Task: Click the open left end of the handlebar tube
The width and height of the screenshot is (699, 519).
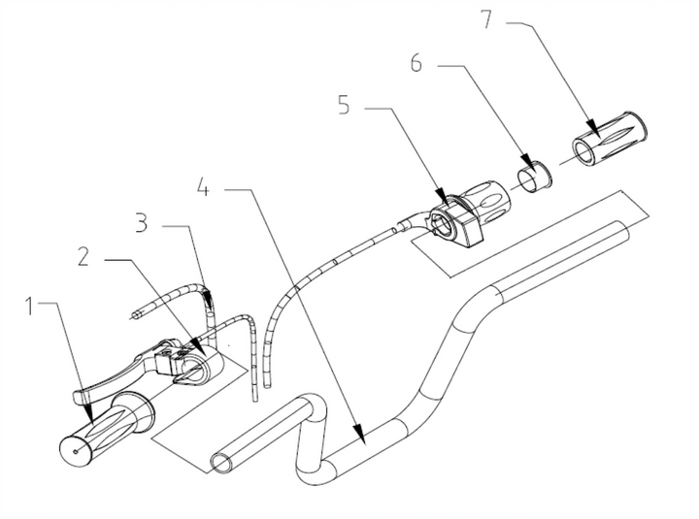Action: (x=221, y=460)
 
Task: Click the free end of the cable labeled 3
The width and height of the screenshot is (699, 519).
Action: (x=134, y=313)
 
